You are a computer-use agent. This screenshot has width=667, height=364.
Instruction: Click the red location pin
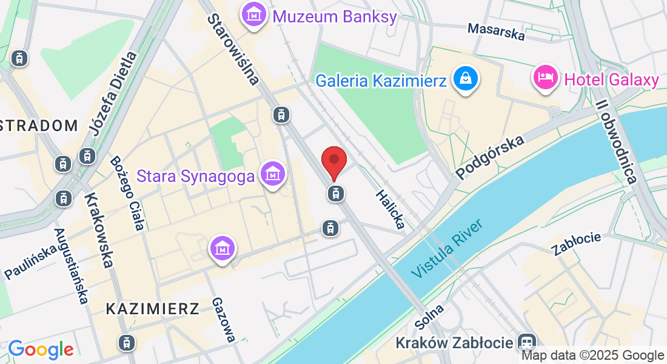coord(333,161)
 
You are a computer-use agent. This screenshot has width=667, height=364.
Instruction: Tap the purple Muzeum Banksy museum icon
coord(253,15)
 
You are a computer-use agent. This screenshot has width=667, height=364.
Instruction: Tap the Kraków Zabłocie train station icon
coord(528,342)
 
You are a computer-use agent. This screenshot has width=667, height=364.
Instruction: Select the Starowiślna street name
coord(233,49)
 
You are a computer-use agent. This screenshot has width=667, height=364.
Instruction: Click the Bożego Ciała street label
coord(127,194)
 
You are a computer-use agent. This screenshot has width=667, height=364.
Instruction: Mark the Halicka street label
coord(390,209)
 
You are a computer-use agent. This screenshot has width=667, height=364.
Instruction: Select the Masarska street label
coord(496,32)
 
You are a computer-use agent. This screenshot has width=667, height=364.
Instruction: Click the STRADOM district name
coord(39,126)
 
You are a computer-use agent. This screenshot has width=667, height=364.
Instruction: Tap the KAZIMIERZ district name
coord(152,309)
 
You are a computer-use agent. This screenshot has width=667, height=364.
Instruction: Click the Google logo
coord(41,349)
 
